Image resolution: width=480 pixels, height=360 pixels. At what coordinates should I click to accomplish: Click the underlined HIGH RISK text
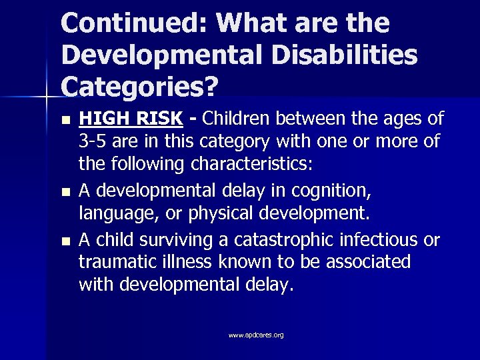click(x=131, y=119)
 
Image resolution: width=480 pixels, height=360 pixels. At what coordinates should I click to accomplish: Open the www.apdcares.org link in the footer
click(x=256, y=335)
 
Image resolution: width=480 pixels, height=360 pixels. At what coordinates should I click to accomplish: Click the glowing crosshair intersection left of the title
click(x=46, y=98)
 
